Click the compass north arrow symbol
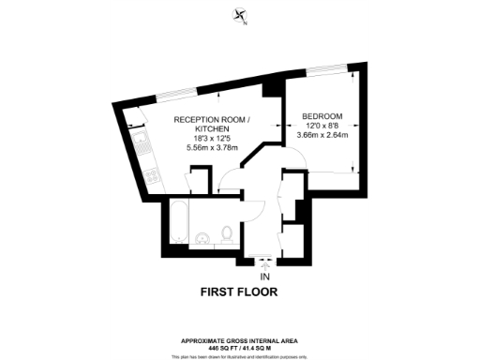[x=241, y=16]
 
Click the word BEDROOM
[x=322, y=116]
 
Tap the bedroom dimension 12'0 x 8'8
[x=322, y=126]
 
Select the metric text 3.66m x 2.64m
[x=322, y=135]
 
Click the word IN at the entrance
[x=264, y=277]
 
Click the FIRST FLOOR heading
[x=239, y=292]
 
